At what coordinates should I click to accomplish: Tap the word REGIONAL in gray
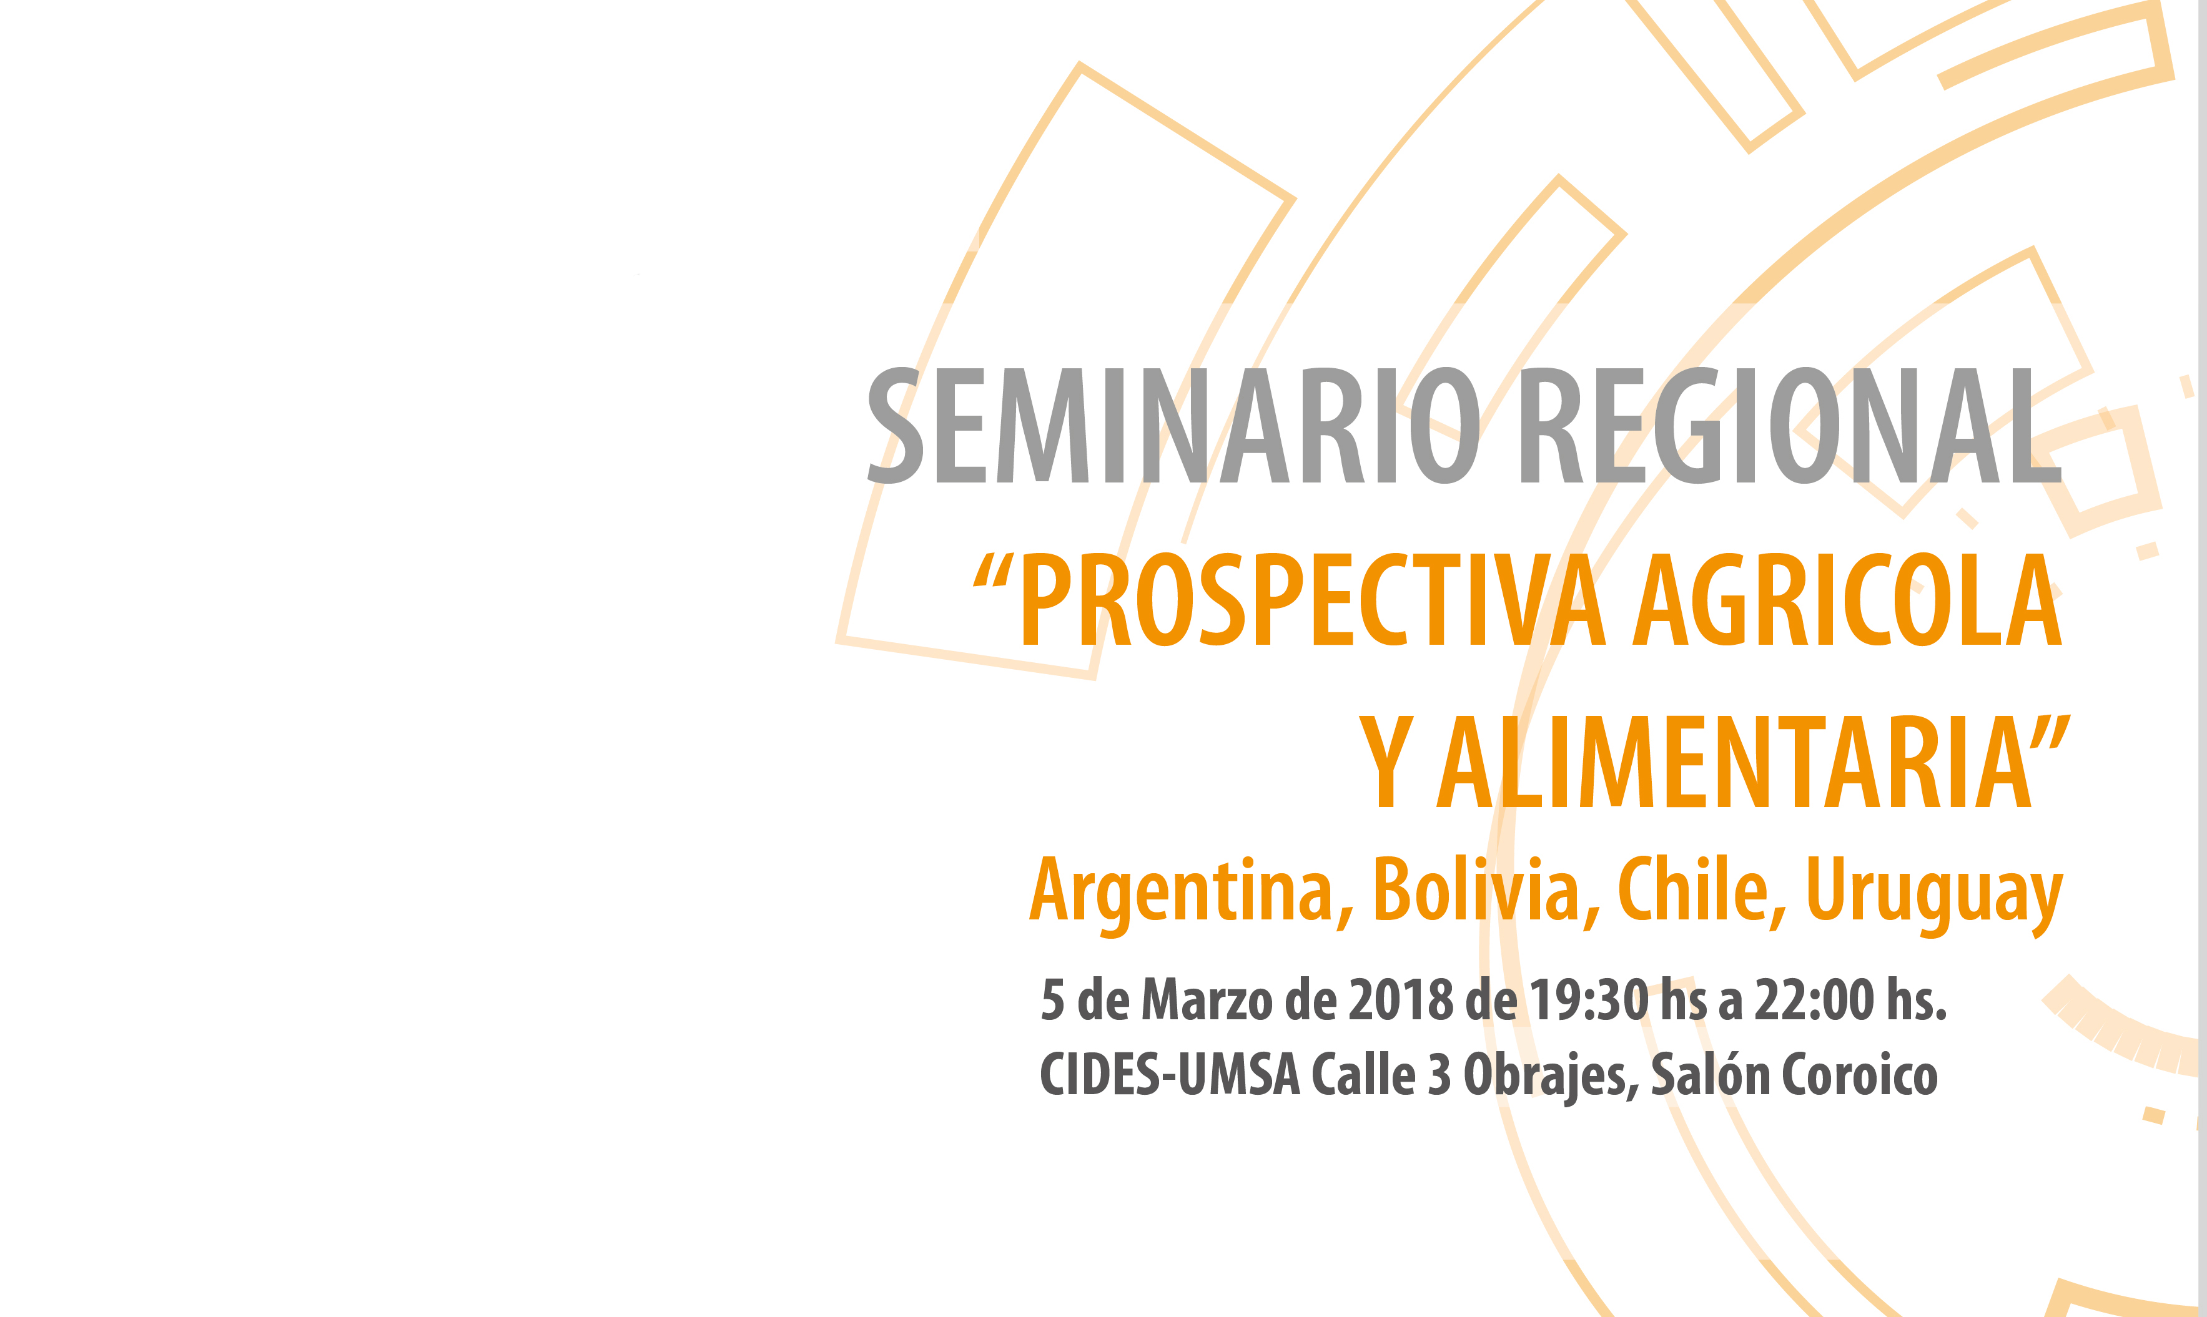[x=1790, y=425]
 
